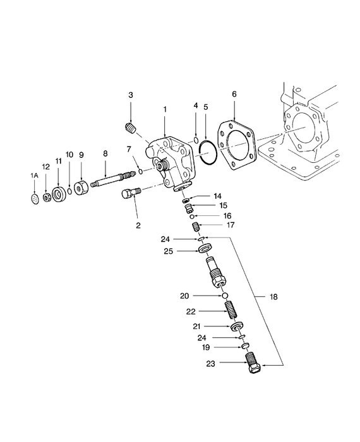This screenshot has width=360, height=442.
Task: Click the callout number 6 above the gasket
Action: click(x=234, y=94)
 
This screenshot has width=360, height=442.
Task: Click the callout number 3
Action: click(x=131, y=95)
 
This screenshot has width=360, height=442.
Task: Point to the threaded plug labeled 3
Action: click(x=131, y=129)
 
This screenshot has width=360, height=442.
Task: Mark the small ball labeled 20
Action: click(x=223, y=296)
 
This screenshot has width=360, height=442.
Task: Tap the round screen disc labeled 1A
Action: click(x=35, y=199)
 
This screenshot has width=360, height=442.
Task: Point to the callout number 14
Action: click(x=218, y=196)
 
